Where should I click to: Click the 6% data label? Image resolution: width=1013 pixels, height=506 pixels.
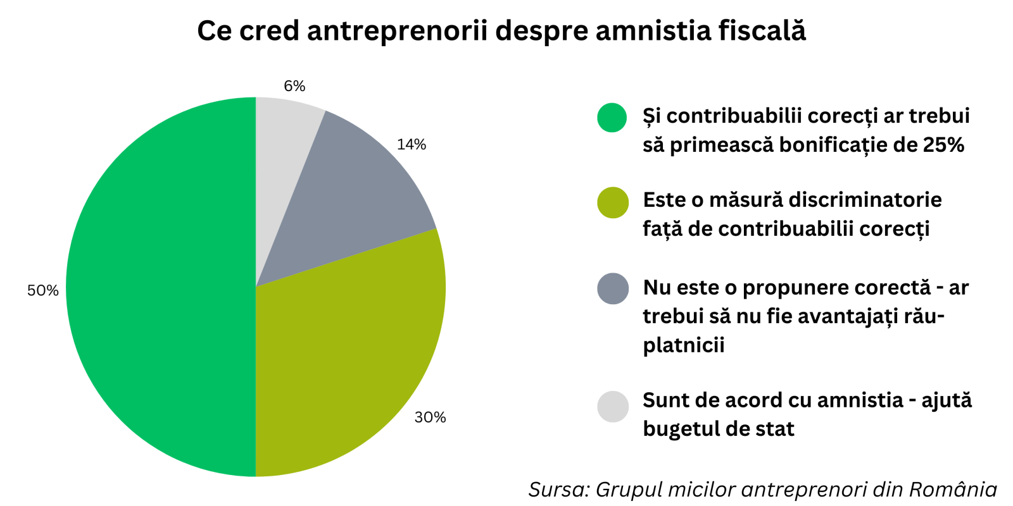[x=294, y=86]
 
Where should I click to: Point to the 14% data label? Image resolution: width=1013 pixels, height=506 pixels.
[x=412, y=145]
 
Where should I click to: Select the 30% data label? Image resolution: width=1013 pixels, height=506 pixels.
[x=431, y=417]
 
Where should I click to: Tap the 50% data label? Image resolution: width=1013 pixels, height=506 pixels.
[x=43, y=290]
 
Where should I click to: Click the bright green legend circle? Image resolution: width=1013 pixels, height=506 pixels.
[x=612, y=117]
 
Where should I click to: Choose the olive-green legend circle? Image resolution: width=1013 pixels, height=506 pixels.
[x=612, y=202]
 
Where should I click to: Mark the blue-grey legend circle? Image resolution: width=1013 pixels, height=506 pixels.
[x=612, y=288]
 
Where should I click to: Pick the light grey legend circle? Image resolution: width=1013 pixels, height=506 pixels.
[x=612, y=406]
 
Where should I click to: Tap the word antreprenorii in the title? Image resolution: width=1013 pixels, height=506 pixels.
[x=398, y=31]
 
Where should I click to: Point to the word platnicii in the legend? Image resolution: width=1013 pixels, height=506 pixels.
[x=684, y=345]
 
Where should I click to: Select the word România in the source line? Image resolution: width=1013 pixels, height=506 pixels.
[x=953, y=490]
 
